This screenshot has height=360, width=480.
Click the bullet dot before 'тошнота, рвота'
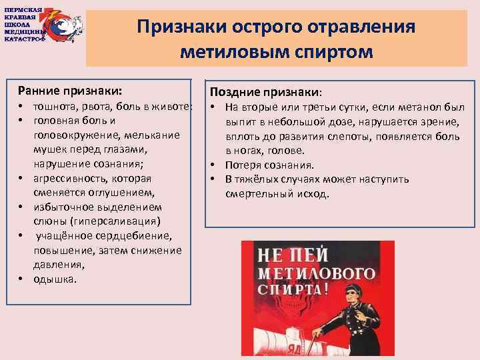[x=21, y=107]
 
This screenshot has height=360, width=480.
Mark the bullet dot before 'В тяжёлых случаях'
[x=213, y=179]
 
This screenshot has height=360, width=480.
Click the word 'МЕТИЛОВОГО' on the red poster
[x=316, y=273]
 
